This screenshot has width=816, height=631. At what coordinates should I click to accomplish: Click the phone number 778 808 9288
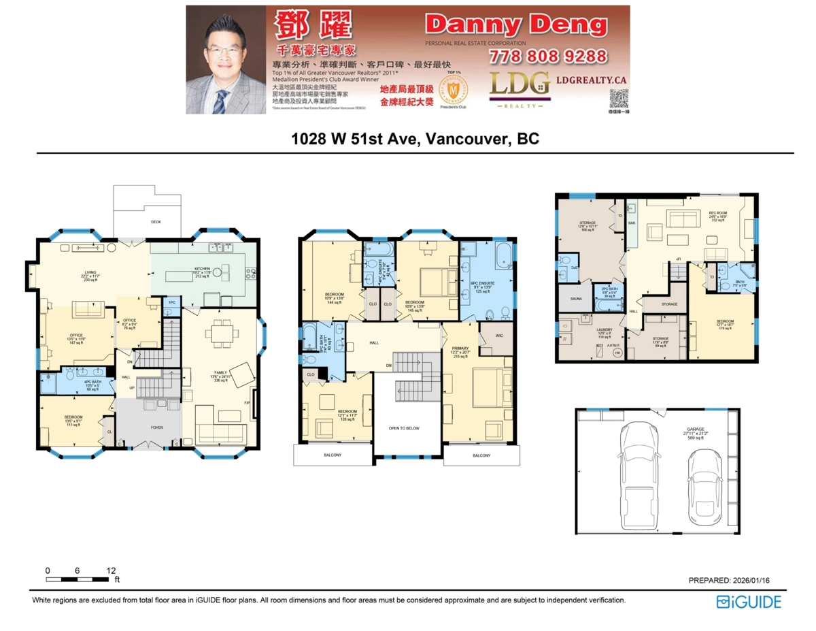coord(547,56)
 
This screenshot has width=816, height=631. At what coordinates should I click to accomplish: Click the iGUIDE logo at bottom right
coord(749,602)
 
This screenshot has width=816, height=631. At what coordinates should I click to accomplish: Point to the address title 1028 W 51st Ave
coord(415,139)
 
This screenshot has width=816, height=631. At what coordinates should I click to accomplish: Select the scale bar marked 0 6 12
coord(78,579)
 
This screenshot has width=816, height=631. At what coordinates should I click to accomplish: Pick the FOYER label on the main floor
coord(148,427)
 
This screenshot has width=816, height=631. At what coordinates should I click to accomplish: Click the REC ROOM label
coord(718,213)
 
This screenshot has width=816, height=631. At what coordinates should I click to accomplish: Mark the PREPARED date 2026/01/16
coord(728,580)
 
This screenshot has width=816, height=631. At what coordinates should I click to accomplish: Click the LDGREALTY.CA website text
coord(591,80)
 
